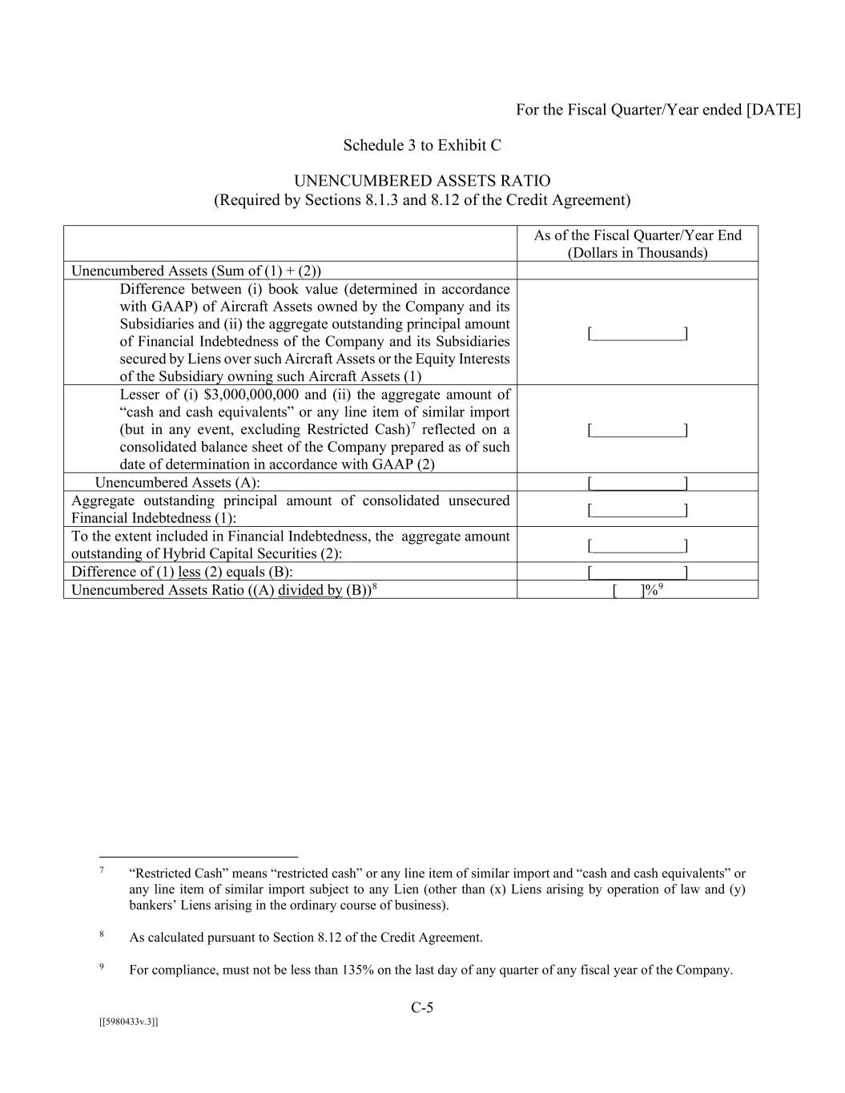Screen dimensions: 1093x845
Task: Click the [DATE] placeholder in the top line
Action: (x=773, y=110)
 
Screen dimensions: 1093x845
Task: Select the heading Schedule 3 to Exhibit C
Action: (x=422, y=145)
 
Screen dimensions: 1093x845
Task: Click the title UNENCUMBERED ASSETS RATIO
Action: (x=422, y=181)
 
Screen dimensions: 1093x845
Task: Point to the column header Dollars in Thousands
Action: (x=638, y=253)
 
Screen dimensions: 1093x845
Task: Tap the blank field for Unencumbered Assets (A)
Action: (x=638, y=483)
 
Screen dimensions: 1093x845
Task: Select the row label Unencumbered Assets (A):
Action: (x=177, y=483)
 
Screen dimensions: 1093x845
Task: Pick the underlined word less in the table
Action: (x=189, y=572)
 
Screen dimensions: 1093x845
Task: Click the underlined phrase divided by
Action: (x=310, y=590)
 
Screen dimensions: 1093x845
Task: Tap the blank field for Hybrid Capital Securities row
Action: (x=638, y=546)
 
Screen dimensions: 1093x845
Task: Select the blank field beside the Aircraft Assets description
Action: (x=638, y=333)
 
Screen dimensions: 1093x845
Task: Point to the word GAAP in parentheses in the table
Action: (x=171, y=307)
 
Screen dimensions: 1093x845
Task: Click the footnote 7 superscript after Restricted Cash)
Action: (x=412, y=425)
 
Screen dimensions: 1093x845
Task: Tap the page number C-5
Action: (x=422, y=1007)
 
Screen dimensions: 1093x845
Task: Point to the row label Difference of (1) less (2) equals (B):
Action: (x=182, y=572)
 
